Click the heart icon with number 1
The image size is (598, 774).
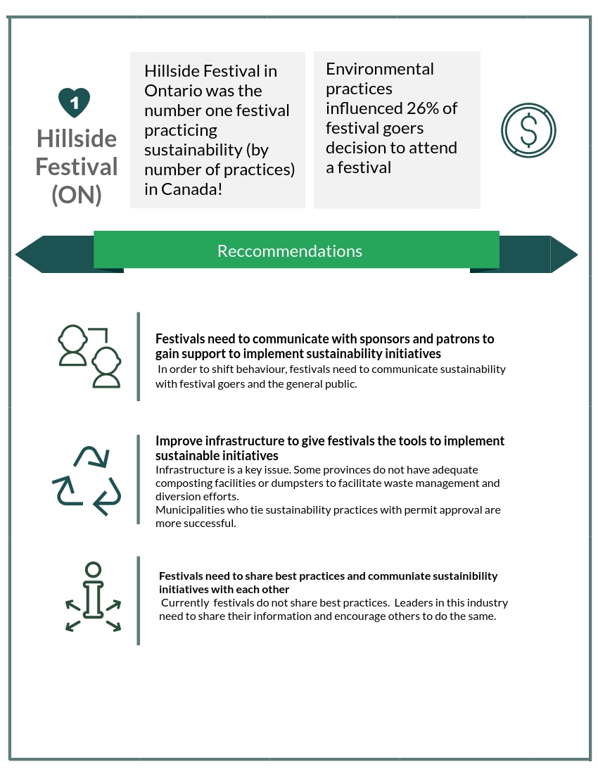(x=74, y=103)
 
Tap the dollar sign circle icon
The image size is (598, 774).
(x=528, y=130)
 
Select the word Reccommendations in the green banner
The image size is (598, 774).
(x=290, y=251)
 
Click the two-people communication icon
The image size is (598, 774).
(x=89, y=356)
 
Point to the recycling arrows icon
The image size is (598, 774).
(x=87, y=480)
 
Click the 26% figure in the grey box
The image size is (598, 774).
(x=424, y=108)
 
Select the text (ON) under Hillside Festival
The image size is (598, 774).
(x=77, y=195)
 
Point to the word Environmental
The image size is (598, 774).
(x=380, y=69)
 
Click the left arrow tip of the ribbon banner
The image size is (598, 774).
(x=21, y=254)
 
